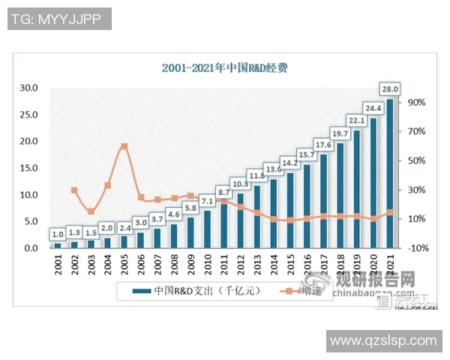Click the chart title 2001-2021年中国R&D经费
coord(225,67)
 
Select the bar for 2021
coord(389,172)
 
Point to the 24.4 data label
coord(373,106)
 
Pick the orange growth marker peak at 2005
coord(124,146)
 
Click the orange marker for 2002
coord(74,190)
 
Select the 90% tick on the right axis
coord(417,103)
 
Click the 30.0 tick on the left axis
coord(28,88)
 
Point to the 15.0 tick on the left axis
coord(28,168)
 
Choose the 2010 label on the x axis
coord(207,266)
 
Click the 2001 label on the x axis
coord(58,266)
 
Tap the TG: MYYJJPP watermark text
coord(59,19)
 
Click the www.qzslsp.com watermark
coord(383,341)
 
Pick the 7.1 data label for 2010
coord(207,201)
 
